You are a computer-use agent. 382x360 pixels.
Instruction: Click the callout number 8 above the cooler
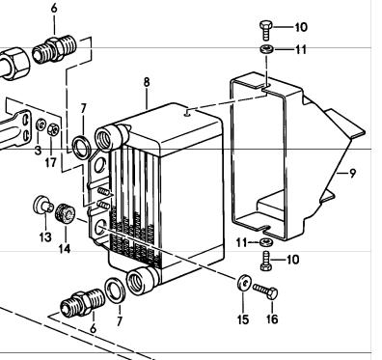click(147, 82)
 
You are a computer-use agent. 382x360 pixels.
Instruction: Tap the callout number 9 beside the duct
click(353, 174)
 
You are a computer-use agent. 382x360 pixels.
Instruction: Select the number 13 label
click(45, 237)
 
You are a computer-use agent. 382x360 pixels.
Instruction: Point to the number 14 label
click(65, 248)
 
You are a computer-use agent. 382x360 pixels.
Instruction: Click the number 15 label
click(243, 319)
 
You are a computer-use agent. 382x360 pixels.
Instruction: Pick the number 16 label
click(272, 319)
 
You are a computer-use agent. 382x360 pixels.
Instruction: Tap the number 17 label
click(50, 162)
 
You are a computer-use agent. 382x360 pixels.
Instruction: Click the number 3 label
click(38, 150)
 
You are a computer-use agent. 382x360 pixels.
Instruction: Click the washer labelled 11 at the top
click(266, 49)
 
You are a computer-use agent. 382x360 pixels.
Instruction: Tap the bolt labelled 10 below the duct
click(266, 262)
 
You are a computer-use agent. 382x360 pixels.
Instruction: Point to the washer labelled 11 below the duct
click(266, 242)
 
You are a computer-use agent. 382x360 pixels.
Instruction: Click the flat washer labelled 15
click(244, 282)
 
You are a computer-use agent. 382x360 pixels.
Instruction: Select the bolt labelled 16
click(265, 291)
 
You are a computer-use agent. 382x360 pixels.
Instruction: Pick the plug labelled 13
click(43, 205)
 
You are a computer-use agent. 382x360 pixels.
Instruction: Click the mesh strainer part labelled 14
click(65, 213)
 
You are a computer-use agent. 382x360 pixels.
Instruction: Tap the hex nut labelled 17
click(53, 129)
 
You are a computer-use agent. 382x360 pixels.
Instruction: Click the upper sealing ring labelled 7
click(81, 147)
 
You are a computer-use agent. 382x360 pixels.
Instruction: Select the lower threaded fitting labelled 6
click(83, 301)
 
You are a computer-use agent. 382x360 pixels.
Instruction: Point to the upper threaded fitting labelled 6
click(55, 49)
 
